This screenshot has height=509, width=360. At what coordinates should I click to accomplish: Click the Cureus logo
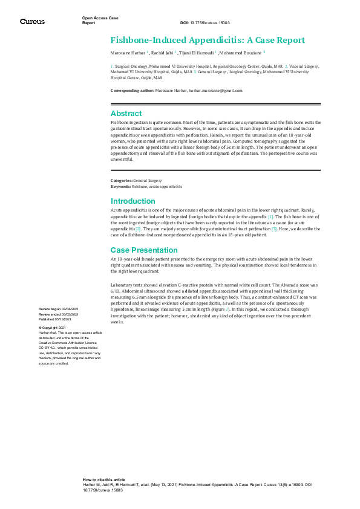pos(32,21)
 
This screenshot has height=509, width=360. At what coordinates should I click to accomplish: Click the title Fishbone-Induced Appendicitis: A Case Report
pos(208,41)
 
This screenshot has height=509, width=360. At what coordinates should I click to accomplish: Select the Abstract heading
pos(126,113)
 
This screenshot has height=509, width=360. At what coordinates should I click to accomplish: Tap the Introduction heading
pos(133,201)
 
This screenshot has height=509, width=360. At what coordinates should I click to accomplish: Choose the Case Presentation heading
pos(143,250)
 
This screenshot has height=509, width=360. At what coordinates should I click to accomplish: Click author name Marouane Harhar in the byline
pos(127,53)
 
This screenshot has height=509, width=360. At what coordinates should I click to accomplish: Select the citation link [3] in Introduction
pos(274,229)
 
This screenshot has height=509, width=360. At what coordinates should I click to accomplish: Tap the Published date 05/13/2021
pos(64,320)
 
